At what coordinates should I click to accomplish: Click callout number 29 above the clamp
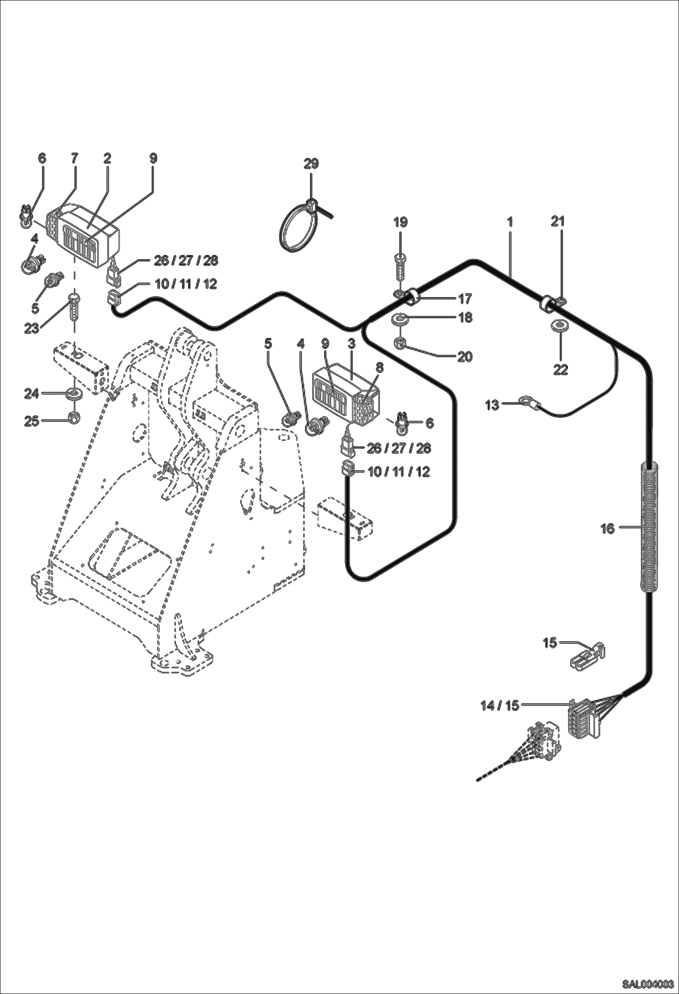[311, 164]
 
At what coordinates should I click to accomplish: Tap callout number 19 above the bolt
[400, 222]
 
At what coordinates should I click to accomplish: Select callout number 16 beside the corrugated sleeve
[607, 528]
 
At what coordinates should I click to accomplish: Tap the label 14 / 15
[500, 706]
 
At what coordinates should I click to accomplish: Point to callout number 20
[465, 357]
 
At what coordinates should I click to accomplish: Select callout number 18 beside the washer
[465, 318]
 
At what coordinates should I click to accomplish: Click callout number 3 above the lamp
[351, 344]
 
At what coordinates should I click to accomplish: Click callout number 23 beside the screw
[31, 328]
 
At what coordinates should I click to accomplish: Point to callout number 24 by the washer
[31, 394]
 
